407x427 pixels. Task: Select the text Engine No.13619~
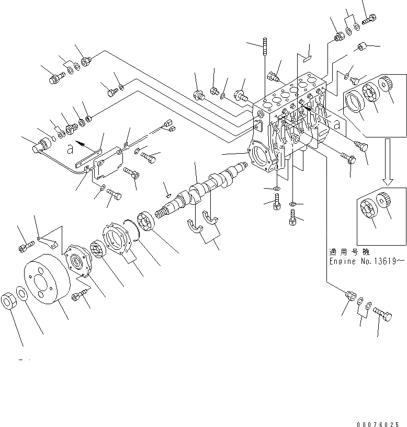point(366,260)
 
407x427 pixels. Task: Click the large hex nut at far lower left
point(11,302)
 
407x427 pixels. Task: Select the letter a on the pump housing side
point(337,126)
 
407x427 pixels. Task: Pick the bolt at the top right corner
point(367,18)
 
